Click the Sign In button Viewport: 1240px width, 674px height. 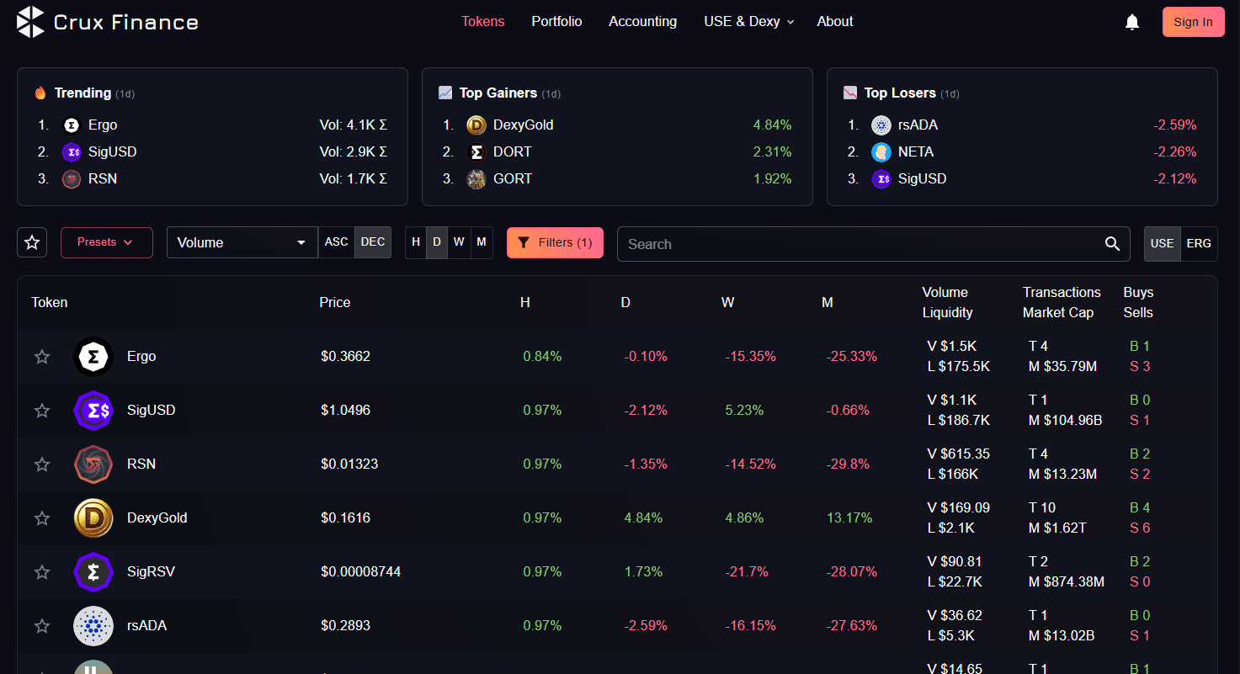point(1193,22)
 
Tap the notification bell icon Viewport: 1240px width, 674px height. point(1132,22)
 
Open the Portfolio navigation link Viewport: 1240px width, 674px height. point(556,21)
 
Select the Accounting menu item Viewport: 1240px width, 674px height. point(642,21)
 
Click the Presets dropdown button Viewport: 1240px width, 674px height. point(107,242)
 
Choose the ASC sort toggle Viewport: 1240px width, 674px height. point(336,242)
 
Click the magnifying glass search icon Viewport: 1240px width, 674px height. point(1112,244)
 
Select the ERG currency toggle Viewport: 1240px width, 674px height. point(1199,243)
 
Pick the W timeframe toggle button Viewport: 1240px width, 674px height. point(459,242)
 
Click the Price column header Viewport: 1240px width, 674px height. point(335,302)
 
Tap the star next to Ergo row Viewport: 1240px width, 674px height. point(42,357)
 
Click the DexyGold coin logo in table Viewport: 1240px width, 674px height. point(93,517)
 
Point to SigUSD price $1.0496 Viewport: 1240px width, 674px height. point(345,410)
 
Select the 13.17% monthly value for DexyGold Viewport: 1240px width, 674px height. point(849,517)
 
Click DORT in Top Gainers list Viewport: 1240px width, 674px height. point(512,151)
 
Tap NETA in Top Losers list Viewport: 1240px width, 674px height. point(915,151)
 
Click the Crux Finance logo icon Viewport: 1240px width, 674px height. point(30,22)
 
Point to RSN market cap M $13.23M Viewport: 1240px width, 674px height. point(1062,474)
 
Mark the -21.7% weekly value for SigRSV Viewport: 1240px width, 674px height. point(746,571)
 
